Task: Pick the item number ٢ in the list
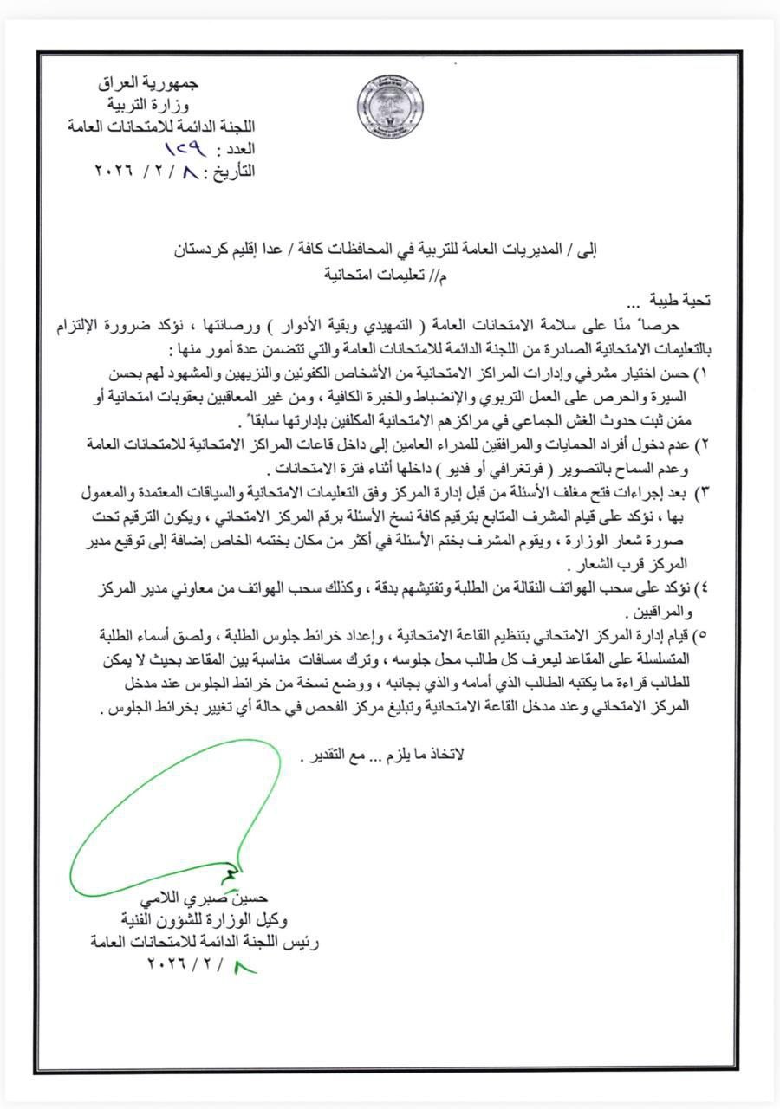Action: point(704,444)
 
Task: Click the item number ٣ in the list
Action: point(704,491)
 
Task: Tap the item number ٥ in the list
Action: point(704,634)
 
